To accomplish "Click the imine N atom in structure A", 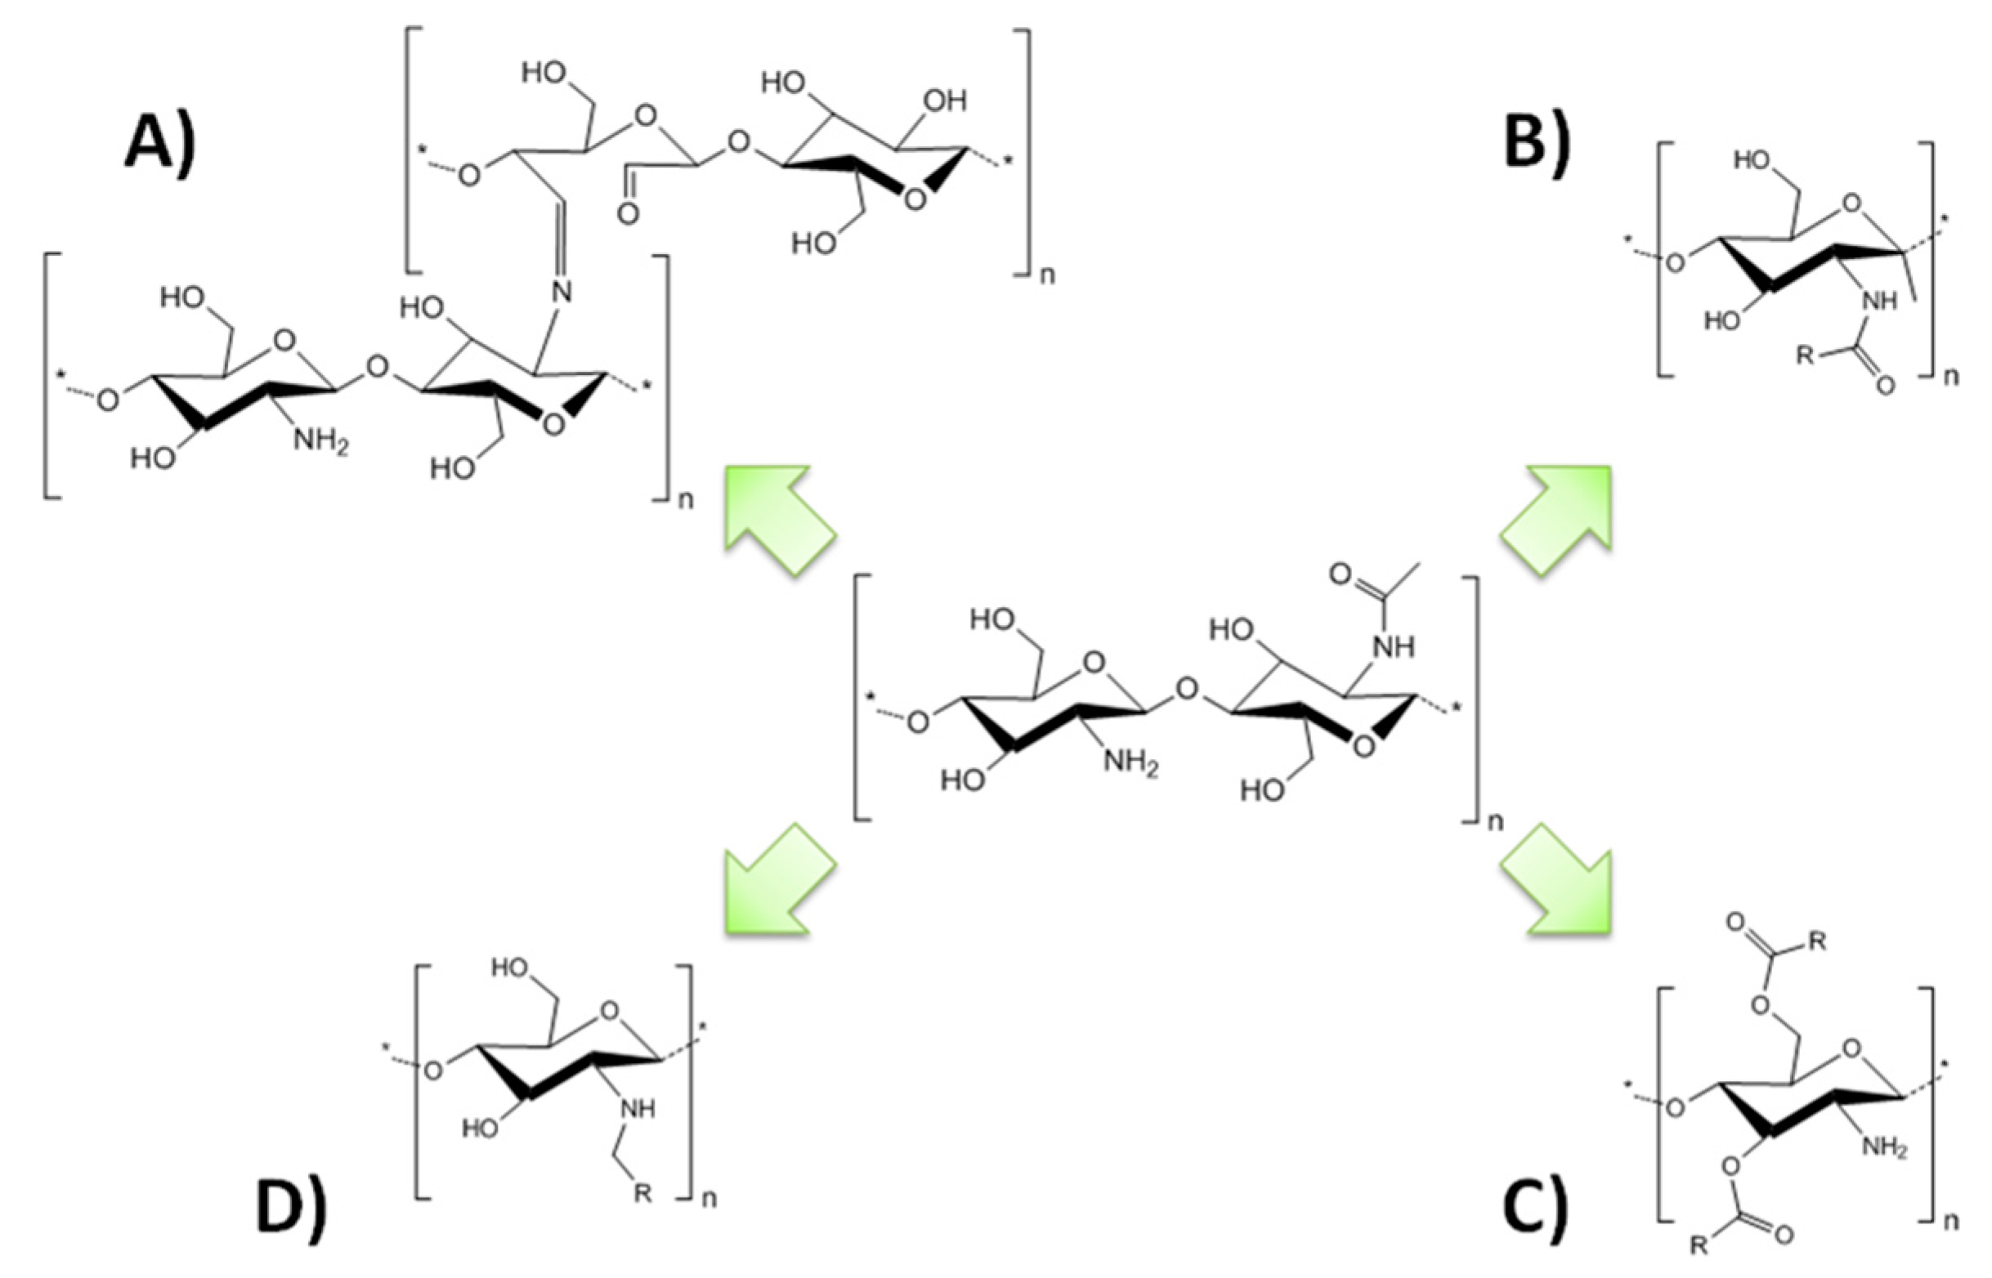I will [x=562, y=291].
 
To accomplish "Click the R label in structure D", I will [x=642, y=1193].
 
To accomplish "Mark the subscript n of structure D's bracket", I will [x=710, y=1199].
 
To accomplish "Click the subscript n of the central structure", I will [x=1495, y=821].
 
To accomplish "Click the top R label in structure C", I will [x=1817, y=942].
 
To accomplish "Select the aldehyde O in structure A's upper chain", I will [x=629, y=214].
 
